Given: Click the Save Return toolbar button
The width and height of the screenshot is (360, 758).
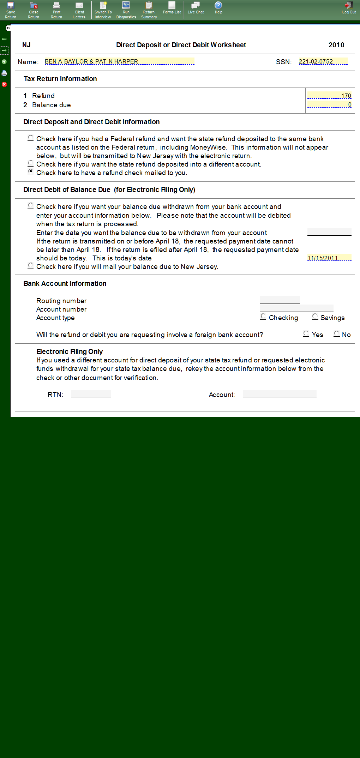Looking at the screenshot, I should click(11, 10).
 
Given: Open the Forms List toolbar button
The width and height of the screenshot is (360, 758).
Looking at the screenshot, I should click(172, 8).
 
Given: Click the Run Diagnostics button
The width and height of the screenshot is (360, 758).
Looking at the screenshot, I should click(126, 10).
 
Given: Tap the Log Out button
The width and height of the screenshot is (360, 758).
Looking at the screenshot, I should click(349, 8).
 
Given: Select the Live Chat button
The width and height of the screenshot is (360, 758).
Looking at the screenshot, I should click(196, 8).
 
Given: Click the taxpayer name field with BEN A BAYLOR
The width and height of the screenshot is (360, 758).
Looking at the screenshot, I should click(119, 61).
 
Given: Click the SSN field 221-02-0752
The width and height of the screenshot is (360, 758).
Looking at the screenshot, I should click(323, 61).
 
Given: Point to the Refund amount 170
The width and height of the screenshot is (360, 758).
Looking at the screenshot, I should click(329, 96).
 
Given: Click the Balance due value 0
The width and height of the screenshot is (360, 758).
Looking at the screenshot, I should click(329, 104).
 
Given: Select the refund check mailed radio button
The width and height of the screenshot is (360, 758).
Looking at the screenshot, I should click(31, 172).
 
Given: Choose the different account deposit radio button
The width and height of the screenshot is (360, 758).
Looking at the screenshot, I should click(31, 163).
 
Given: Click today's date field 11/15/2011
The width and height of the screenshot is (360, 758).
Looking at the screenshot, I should click(329, 258).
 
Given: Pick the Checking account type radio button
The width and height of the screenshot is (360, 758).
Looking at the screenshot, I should click(263, 317).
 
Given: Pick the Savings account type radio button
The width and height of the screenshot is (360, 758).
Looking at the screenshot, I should click(315, 317).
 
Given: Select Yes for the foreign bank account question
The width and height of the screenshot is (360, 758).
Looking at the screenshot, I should click(306, 333).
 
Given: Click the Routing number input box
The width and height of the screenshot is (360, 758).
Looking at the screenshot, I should click(280, 300).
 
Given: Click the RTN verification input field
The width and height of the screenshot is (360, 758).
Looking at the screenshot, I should click(91, 394).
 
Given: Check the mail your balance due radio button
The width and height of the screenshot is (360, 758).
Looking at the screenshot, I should click(31, 265).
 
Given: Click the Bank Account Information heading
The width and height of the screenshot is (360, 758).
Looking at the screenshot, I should click(65, 283).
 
